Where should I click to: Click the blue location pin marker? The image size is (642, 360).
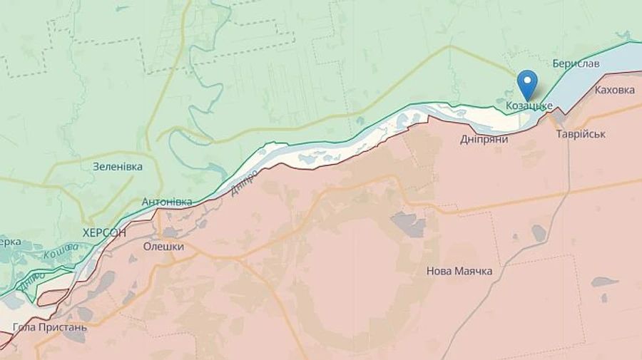coord(527,83)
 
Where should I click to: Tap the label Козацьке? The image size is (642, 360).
coord(529,106)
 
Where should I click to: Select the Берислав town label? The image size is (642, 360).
coord(576,63)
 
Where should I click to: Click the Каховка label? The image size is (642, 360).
coord(614,91)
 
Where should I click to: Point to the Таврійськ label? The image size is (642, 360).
coord(581,134)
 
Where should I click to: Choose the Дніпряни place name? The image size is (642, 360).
coord(484,139)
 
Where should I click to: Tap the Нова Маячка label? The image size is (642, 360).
coord(459,271)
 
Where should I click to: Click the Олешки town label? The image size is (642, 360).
coord(163,247)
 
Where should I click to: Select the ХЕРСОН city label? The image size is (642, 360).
coord(104,232)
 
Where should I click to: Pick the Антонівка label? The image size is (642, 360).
coord(167,202)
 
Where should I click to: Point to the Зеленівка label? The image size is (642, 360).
coord(118,166)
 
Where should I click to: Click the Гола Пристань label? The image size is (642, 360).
coord(50,327)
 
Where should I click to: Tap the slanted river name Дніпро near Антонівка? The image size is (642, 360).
coord(244,182)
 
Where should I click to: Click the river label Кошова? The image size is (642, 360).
coord(61,251)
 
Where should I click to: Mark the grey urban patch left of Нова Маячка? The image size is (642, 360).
coord(409,225)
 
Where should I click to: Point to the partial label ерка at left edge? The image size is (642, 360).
coord(10,241)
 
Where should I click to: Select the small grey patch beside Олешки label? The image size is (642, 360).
coord(170,232)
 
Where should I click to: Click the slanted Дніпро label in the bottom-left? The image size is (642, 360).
coord(32,280)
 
